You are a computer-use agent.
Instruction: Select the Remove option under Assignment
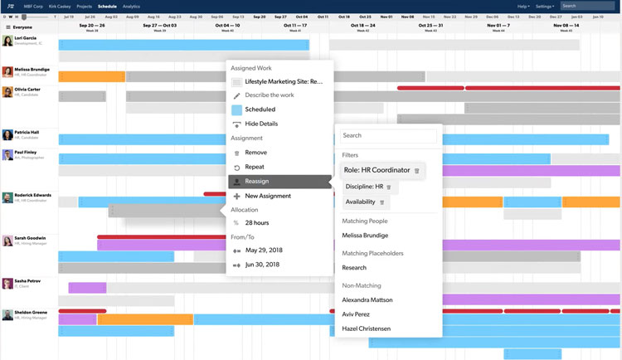click(x=256, y=153)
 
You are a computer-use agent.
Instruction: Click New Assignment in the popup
click(x=268, y=196)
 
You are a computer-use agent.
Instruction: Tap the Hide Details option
click(x=261, y=124)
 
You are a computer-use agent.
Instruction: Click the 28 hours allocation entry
click(x=256, y=223)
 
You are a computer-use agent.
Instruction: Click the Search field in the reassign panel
click(x=388, y=135)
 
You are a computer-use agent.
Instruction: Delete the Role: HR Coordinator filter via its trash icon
click(x=417, y=171)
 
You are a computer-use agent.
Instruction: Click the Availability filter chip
click(x=360, y=202)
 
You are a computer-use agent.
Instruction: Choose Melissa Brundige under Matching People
click(x=365, y=236)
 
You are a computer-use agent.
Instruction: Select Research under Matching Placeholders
click(x=354, y=268)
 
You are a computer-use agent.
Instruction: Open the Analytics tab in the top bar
click(x=131, y=6)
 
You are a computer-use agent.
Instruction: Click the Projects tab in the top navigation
click(x=83, y=6)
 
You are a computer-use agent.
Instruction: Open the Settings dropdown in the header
click(x=545, y=6)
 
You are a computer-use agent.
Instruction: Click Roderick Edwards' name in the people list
click(x=32, y=195)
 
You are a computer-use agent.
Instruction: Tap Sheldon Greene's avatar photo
click(x=7, y=314)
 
